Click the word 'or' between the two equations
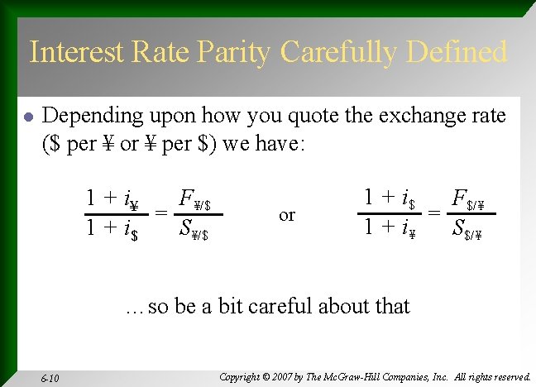(x=287, y=215)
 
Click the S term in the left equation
(x=194, y=228)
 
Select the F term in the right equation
(x=468, y=200)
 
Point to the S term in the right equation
(x=467, y=227)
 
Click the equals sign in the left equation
(x=161, y=214)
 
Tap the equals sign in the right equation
(x=433, y=213)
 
